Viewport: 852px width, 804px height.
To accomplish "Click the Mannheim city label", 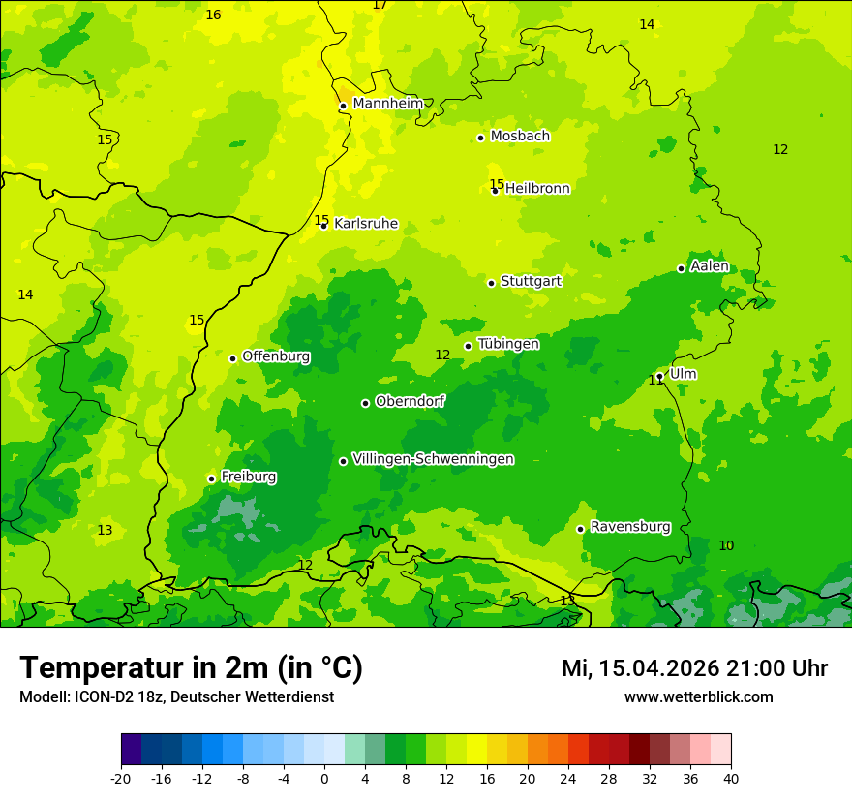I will pos(387,104).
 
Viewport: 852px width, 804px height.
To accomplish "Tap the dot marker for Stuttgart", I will pos(491,283).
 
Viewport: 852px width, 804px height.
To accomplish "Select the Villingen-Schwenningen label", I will pos(433,459).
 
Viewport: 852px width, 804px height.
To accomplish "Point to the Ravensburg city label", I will pos(630,527).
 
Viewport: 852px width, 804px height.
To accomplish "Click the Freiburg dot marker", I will pos(211,479).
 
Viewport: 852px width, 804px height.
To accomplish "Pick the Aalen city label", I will pos(710,266).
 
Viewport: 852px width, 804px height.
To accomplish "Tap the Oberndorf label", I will pos(411,401).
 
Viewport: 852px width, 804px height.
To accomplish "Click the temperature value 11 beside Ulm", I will pos(656,381).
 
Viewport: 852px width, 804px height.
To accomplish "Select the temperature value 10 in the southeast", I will pos(726,546).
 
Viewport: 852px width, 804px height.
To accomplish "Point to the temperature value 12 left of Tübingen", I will pos(442,356).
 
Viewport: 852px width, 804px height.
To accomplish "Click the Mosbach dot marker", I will pos(480,138).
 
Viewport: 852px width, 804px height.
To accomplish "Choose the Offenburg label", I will pos(276,356).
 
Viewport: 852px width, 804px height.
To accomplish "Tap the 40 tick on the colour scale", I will pos(731,778).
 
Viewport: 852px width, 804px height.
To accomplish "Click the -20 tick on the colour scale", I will pos(121,778).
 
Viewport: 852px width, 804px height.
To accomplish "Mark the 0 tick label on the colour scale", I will pos(324,778).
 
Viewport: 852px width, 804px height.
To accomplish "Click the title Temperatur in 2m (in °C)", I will pos(191,667).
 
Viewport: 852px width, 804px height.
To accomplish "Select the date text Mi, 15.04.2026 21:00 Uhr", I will pos(694,668).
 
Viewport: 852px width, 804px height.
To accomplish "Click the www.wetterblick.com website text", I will pos(698,697).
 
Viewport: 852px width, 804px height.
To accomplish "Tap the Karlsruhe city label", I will pos(366,224).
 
